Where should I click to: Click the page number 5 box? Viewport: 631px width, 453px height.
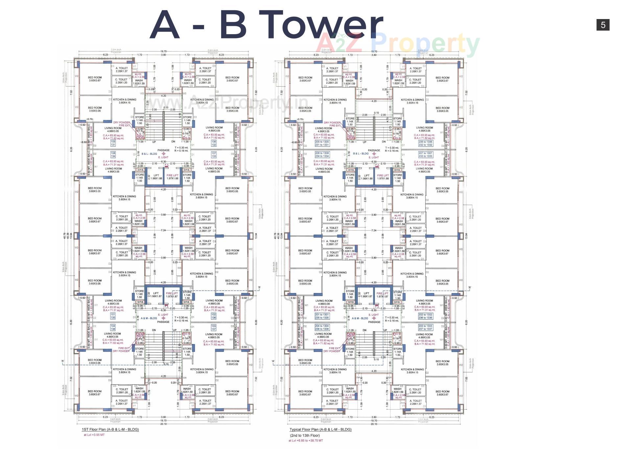pyautogui.click(x=603, y=25)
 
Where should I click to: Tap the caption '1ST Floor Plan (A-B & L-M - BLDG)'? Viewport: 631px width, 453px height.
pyautogui.click(x=110, y=429)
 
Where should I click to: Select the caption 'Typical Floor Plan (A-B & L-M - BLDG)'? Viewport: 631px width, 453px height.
pyautogui.click(x=320, y=429)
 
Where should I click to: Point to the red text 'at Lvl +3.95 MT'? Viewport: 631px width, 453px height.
pyautogui.click(x=94, y=435)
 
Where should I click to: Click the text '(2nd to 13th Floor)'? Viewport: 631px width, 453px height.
pyautogui.click(x=305, y=435)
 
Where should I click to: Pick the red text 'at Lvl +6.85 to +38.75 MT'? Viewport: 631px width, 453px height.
pyautogui.click(x=306, y=441)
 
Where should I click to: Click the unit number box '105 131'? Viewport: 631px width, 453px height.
pyautogui.click(x=113, y=143)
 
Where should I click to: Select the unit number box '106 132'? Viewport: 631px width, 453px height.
pyautogui.click(x=214, y=143)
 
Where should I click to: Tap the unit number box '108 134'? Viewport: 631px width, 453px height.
pyautogui.click(x=113, y=155)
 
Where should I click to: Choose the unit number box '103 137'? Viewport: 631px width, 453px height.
pyautogui.click(x=214, y=328)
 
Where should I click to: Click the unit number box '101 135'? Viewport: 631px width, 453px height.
pyautogui.click(x=113, y=316)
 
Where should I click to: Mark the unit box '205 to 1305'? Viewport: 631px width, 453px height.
pyautogui.click(x=322, y=143)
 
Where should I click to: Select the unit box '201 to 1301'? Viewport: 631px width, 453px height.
pyautogui.click(x=322, y=316)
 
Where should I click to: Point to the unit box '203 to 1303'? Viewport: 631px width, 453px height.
pyautogui.click(x=425, y=328)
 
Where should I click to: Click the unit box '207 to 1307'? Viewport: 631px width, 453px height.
pyautogui.click(x=425, y=155)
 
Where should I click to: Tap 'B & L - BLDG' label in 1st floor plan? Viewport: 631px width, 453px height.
pyautogui.click(x=150, y=154)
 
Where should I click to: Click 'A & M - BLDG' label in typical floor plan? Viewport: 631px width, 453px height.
pyautogui.click(x=360, y=318)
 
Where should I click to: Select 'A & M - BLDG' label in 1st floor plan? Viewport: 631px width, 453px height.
pyautogui.click(x=149, y=318)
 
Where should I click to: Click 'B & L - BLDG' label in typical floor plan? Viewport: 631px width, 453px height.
pyautogui.click(x=361, y=154)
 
